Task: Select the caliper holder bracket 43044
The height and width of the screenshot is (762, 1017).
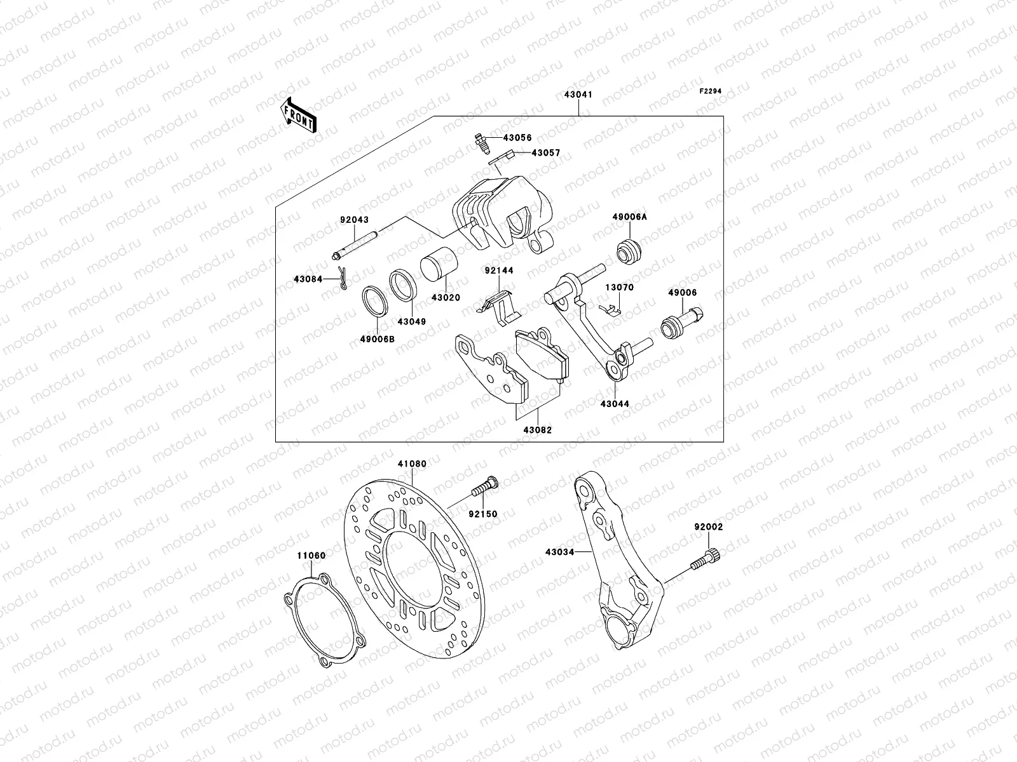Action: tap(597, 330)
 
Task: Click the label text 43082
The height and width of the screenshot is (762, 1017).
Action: tap(537, 430)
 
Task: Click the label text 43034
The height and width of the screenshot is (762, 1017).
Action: tap(559, 552)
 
